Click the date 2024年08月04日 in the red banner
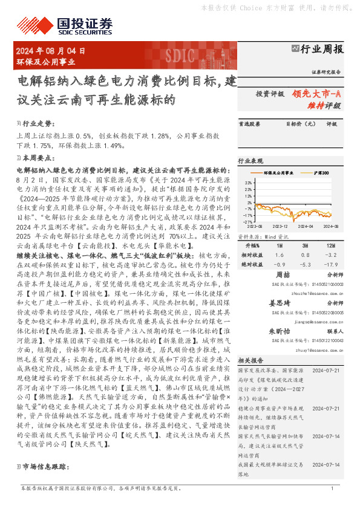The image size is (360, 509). tap(51, 51)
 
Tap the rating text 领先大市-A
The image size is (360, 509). tap(317, 94)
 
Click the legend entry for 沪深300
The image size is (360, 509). tap(320, 173)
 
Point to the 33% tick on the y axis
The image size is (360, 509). tap(249, 181)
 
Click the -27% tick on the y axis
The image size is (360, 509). tap(249, 222)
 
